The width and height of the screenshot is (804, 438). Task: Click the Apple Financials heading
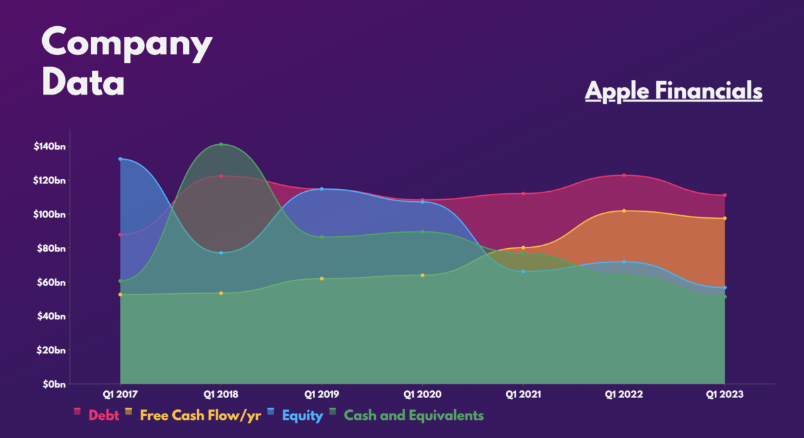[674, 91]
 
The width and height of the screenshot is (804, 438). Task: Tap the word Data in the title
[83, 82]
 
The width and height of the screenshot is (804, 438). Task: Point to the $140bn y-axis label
[50, 146]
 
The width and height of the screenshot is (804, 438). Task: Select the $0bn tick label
[54, 384]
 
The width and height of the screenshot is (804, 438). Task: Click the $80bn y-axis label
[51, 248]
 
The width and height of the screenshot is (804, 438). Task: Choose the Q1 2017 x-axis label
[120, 394]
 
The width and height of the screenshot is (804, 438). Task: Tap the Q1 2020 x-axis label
[423, 394]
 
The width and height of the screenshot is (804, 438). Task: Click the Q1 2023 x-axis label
[725, 394]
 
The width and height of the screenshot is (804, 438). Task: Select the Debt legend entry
[96, 415]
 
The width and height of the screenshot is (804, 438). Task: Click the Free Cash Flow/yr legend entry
[193, 415]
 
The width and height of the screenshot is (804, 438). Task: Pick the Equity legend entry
[295, 416]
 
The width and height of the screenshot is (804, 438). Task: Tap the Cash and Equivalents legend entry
[407, 415]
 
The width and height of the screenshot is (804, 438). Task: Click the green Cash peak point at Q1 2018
[221, 144]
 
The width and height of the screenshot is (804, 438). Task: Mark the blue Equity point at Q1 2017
[120, 159]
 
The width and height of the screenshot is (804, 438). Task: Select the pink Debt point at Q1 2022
[624, 175]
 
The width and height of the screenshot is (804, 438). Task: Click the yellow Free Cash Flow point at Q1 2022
[624, 211]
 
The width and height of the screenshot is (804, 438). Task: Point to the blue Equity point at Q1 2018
[221, 253]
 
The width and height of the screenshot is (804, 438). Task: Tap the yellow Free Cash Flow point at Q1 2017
[120, 294]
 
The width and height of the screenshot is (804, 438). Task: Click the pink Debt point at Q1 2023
[725, 195]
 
